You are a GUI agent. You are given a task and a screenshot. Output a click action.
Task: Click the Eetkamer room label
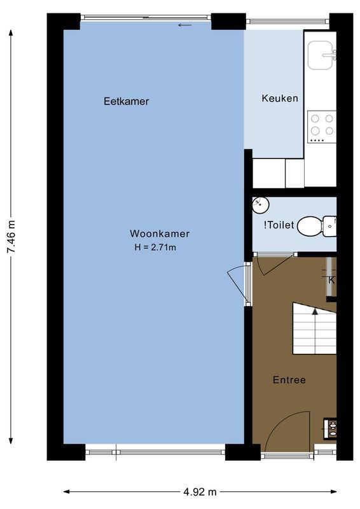point(126,101)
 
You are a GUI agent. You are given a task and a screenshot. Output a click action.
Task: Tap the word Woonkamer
point(160,234)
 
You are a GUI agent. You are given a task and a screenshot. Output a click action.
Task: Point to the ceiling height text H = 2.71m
point(155,248)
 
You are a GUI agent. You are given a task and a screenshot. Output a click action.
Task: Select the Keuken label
point(280,99)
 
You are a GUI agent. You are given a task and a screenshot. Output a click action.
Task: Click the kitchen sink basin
point(321,55)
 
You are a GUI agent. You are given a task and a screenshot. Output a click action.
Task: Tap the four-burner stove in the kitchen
point(321,126)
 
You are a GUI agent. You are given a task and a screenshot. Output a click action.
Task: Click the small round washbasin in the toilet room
point(260,205)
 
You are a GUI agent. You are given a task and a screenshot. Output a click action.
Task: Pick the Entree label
point(289,380)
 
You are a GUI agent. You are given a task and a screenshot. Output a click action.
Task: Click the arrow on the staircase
point(315,311)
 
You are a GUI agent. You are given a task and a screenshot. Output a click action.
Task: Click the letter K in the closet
point(331,280)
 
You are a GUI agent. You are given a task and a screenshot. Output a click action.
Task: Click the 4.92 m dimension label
point(200,492)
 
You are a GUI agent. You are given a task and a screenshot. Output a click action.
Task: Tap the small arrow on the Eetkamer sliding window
point(184,25)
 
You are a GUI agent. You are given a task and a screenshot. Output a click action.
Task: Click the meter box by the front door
point(330,428)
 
